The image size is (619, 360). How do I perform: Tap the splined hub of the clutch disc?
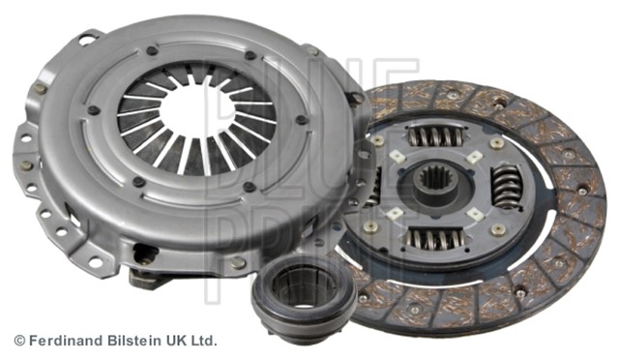(434, 187)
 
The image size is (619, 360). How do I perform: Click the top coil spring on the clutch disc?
(435, 135)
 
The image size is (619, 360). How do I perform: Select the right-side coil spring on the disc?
(506, 187)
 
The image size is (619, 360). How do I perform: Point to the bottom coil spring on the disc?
(435, 238)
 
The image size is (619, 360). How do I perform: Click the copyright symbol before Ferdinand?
(19, 341)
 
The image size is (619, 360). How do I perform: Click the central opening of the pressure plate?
(194, 112)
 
